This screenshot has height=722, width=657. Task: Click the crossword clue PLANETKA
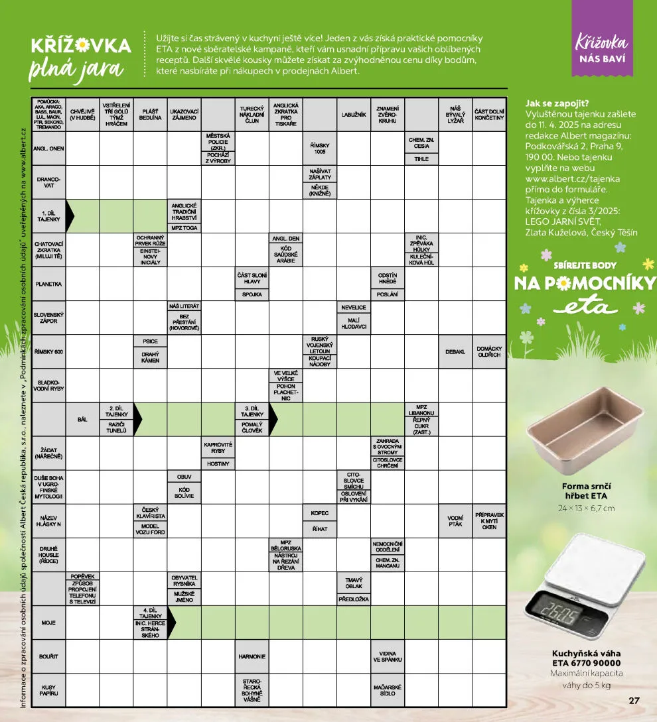tap(49, 284)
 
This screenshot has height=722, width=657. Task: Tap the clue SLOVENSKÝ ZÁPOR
tap(49, 318)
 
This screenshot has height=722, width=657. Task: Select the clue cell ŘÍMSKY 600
tap(49, 351)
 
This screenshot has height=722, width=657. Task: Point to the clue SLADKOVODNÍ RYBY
tap(49, 385)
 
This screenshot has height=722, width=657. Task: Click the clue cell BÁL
tap(82, 419)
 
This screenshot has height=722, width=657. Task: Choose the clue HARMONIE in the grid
tap(252, 656)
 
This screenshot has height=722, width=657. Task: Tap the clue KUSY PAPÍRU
tap(49, 690)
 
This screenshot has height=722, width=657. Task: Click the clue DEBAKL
tap(455, 351)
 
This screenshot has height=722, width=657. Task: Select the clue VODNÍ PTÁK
tap(455, 521)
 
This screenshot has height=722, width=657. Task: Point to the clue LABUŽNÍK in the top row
tap(354, 115)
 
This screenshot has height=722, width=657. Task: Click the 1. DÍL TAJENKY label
tap(49, 216)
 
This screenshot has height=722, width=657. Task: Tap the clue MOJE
tap(49, 623)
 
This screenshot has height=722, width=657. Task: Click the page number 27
tap(634, 700)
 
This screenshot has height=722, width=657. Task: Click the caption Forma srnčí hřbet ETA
tap(585, 491)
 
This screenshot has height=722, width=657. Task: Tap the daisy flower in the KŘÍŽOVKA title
tap(82, 46)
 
